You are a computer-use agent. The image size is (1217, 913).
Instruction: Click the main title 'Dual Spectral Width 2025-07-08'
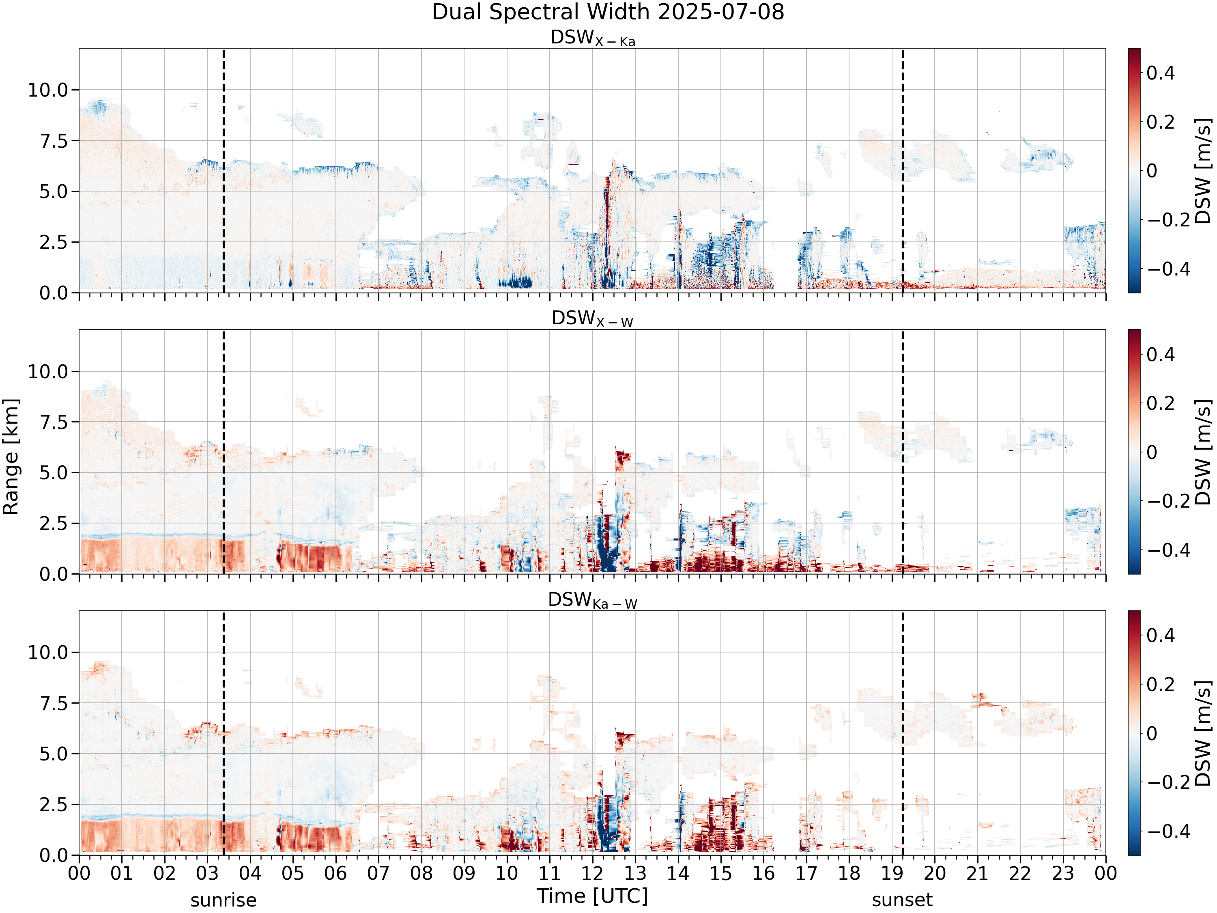(608, 12)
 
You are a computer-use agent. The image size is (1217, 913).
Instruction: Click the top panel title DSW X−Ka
(593, 38)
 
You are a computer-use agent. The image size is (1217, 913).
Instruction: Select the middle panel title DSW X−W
(593, 319)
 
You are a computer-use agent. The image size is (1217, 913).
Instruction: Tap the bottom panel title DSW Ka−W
(593, 601)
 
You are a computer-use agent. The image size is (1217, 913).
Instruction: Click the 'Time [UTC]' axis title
(593, 896)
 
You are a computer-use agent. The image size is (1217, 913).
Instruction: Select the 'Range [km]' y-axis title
(11, 457)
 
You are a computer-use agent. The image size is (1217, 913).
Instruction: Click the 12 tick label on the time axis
(593, 873)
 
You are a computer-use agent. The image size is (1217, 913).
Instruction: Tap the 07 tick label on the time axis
(378, 873)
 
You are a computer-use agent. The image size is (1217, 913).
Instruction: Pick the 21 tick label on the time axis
(977, 873)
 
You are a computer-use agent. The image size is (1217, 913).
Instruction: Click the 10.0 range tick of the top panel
(48, 90)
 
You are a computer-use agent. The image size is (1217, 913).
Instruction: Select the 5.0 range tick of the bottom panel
(54, 754)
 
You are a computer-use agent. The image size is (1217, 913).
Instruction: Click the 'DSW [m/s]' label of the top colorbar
(1203, 170)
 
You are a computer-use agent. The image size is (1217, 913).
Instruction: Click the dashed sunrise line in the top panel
(224, 170)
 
